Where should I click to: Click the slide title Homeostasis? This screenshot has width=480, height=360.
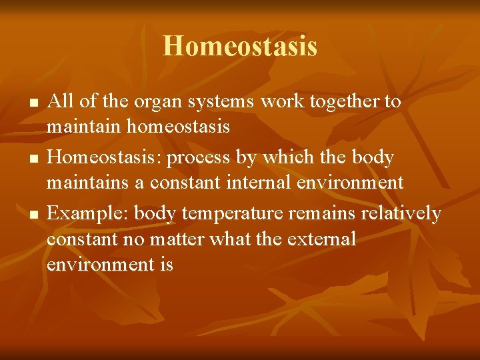(240, 47)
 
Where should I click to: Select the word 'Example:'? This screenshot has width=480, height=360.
(88, 215)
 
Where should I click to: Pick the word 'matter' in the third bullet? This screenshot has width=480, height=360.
(178, 239)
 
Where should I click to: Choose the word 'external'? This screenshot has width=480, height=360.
(320, 239)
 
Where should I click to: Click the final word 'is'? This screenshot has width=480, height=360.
(166, 265)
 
